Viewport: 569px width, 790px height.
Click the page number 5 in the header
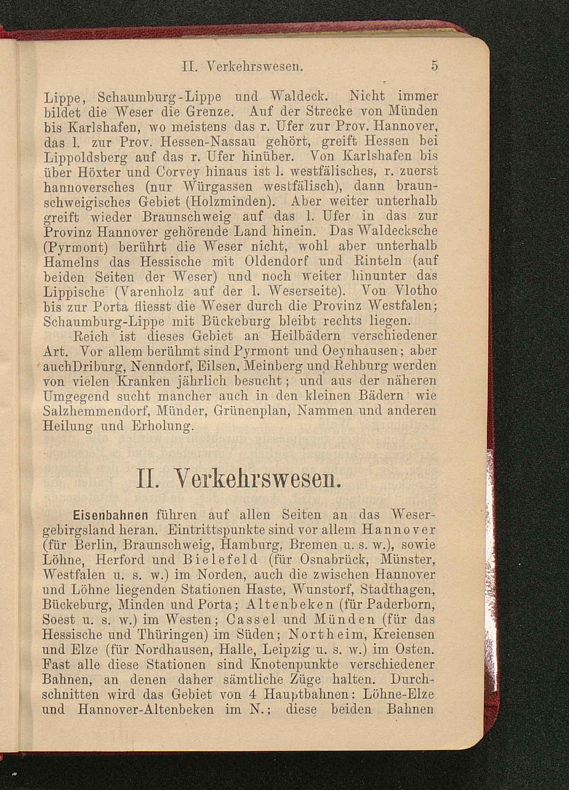[x=434, y=66]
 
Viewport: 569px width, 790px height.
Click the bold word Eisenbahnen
[x=110, y=515]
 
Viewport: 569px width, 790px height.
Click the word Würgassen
[x=218, y=186]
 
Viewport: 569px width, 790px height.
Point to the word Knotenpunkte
[x=294, y=664]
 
